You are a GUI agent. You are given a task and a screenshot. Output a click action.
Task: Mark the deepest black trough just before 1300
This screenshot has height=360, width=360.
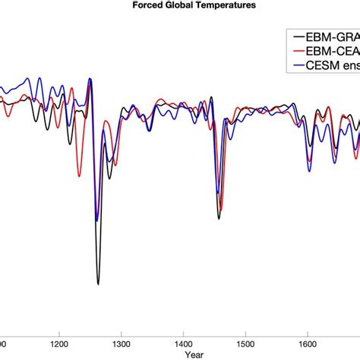(98, 284)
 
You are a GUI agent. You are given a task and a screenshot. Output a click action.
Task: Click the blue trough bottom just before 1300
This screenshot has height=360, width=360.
(96, 220)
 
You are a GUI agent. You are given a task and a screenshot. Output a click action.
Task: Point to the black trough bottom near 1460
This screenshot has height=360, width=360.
(219, 219)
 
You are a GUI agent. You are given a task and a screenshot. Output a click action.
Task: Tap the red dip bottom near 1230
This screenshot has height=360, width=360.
(79, 176)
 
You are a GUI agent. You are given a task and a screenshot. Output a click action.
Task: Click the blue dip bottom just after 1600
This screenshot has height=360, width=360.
(310, 170)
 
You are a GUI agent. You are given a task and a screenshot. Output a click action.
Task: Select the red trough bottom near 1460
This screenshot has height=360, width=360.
(219, 211)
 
